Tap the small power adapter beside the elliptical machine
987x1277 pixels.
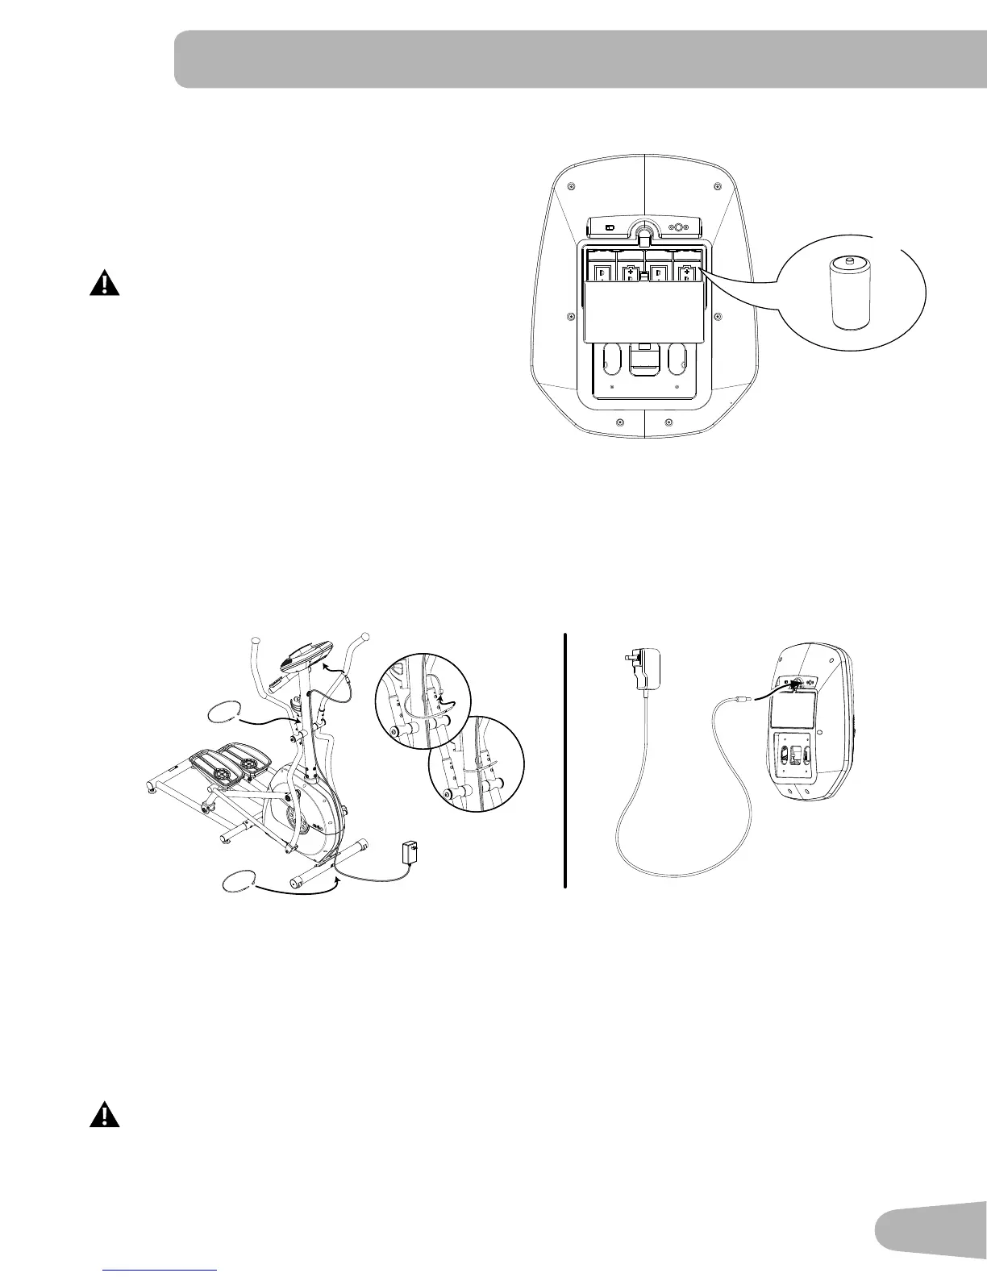pos(410,852)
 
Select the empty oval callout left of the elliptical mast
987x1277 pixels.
pos(224,712)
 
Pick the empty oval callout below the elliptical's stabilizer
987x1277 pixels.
pos(237,881)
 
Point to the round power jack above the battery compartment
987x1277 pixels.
pos(645,231)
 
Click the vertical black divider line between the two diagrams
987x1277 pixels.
pos(565,759)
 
